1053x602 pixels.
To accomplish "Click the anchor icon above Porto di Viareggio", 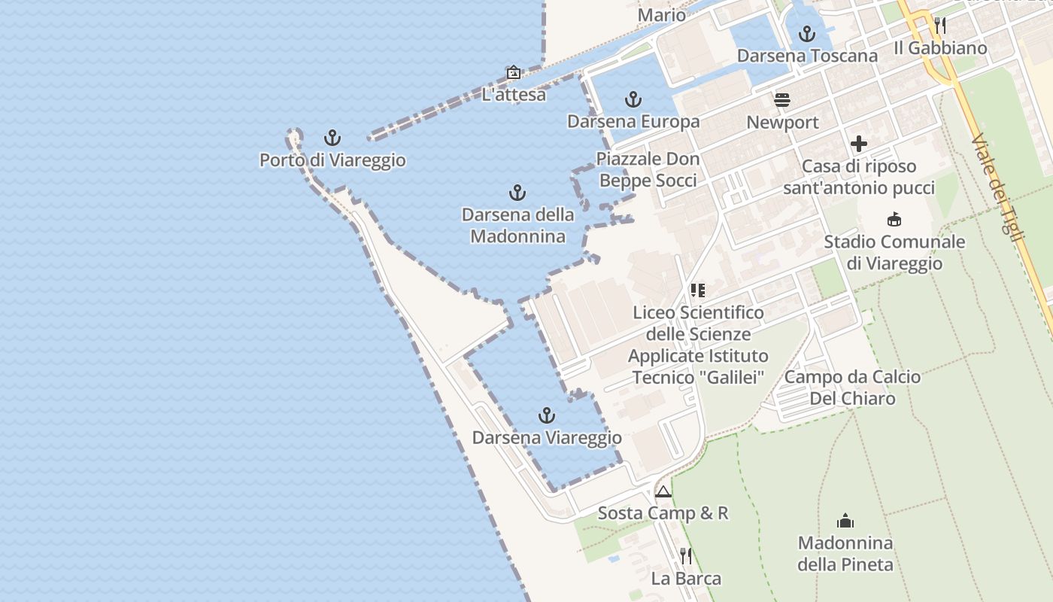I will [332, 138].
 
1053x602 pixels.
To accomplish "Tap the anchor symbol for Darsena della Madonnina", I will [517, 193].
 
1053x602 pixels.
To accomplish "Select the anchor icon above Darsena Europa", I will [633, 99].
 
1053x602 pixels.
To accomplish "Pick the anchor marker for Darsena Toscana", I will [806, 34].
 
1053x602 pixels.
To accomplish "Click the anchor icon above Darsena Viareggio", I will [547, 415].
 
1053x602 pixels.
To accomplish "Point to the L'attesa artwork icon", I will [514, 72].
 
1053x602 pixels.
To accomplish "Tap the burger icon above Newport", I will [782, 100].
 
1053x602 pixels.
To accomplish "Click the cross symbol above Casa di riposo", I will [859, 144].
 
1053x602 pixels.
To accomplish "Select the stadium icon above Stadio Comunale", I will [894, 220].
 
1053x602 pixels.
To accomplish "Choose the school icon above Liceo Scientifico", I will [697, 290].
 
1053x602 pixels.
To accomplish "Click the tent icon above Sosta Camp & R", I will [663, 492].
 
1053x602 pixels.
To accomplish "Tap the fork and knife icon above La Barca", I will [686, 556].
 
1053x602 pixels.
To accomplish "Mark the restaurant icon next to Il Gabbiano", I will [939, 26].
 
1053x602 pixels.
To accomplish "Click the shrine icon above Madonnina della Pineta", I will [845, 521].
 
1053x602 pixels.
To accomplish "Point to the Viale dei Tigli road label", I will [998, 188].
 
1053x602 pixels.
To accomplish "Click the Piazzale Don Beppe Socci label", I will [648, 169].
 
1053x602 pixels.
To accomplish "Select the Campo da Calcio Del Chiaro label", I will [852, 388].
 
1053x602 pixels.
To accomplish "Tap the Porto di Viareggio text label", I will [332, 160].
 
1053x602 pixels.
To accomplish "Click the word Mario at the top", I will [662, 15].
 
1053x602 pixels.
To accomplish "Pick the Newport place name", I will [782, 123].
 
